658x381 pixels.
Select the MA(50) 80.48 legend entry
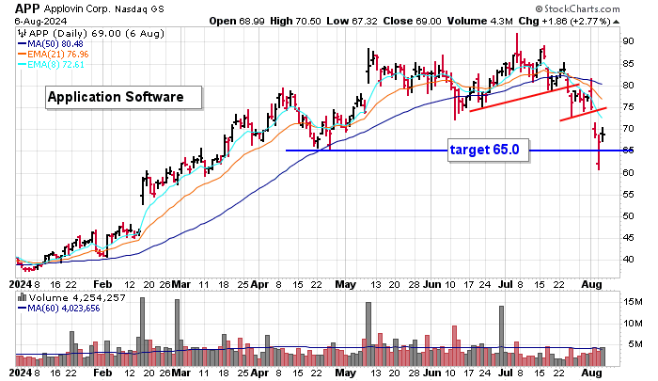tap(57, 42)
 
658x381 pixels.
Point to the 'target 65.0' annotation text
tap(484, 149)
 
